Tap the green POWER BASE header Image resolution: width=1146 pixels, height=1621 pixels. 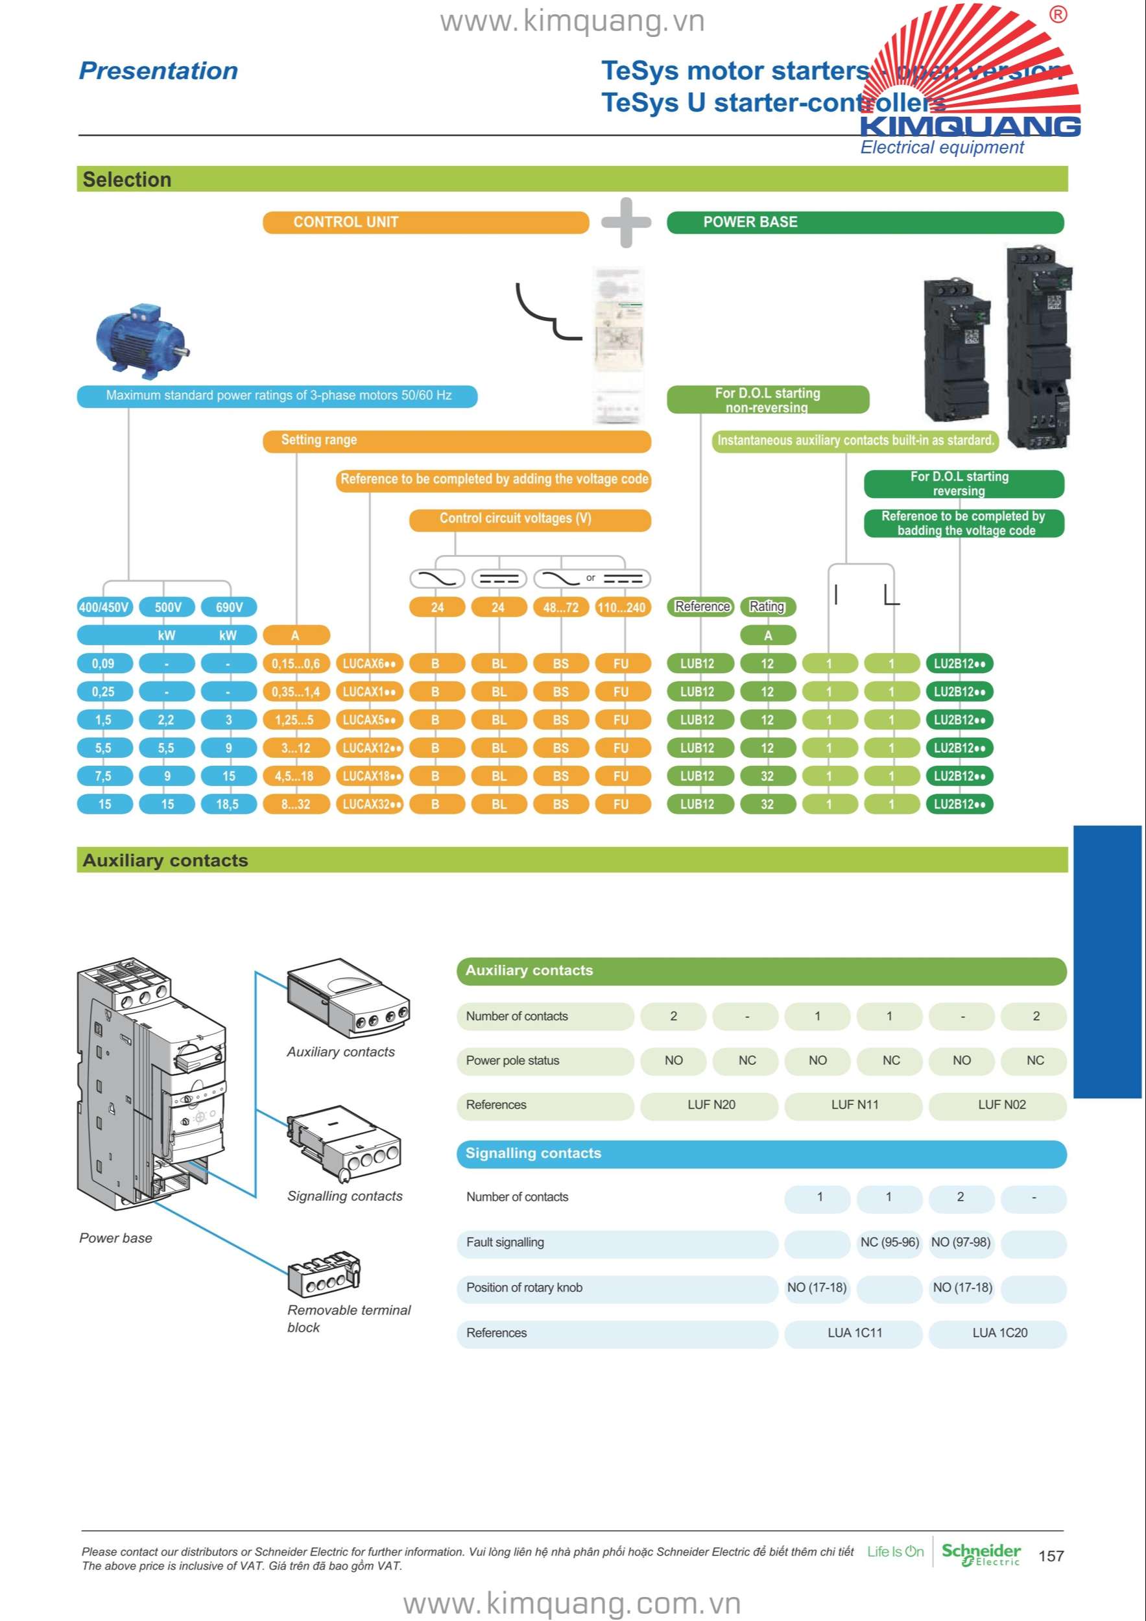pos(865,222)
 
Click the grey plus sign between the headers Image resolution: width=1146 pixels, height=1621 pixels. pos(626,222)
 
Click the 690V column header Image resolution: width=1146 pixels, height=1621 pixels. pos(229,607)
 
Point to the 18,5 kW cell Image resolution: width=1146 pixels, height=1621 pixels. pos(228,804)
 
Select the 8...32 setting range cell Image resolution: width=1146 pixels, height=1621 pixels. pos(296,804)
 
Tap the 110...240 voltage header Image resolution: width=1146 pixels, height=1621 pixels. pos(621,607)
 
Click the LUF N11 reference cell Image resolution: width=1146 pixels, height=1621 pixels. pos(854,1105)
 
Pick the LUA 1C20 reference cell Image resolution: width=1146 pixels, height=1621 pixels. pos(999,1333)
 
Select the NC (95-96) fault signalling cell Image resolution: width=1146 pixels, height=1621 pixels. pos(889,1242)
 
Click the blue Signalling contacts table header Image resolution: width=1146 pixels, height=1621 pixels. pos(761,1154)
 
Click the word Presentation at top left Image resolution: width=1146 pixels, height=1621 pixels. pos(158,71)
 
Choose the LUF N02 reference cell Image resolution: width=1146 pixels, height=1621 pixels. pos(1001,1105)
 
